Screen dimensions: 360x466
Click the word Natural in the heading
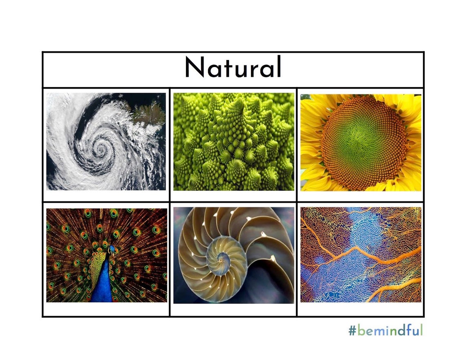pos(233,68)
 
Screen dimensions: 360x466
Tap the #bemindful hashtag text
pos(385,330)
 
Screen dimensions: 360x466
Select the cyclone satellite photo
pos(106,141)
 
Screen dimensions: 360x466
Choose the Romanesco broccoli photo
pos(233,141)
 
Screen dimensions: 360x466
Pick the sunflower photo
pos(361,142)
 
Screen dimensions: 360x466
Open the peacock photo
pos(106,255)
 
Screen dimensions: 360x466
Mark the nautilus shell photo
pos(233,255)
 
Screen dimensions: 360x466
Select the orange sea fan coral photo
pos(361,255)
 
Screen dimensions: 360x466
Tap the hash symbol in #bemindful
pos(352,331)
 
